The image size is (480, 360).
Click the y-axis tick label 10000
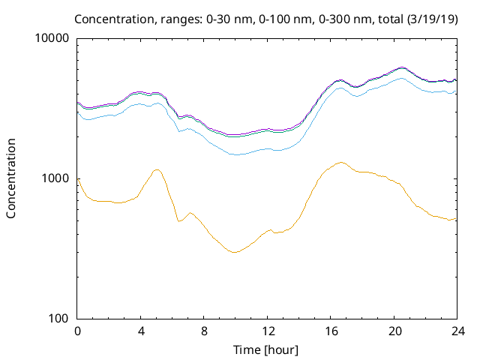point(52,38)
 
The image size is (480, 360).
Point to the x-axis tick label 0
point(77,331)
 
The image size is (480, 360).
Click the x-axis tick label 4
point(140,331)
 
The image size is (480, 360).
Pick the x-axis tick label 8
point(203,331)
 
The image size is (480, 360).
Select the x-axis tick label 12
point(266,331)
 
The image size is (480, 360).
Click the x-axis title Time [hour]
point(266,349)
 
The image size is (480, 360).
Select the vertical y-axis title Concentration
point(11,178)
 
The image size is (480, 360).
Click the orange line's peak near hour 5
point(156,169)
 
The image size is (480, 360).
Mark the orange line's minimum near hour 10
point(235,252)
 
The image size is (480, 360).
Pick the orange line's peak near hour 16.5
point(340,162)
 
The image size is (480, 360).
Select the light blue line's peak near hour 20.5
point(401,78)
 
